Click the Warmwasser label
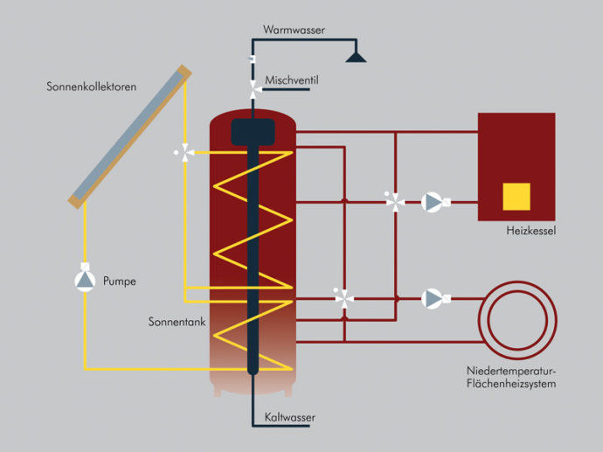click(x=294, y=30)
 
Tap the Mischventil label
click(x=292, y=80)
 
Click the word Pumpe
click(x=120, y=282)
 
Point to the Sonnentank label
click(x=177, y=323)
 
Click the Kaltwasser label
click(x=289, y=418)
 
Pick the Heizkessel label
click(x=531, y=232)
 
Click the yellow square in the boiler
click(x=516, y=197)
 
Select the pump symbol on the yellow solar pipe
click(x=84, y=280)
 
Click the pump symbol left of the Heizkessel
click(x=432, y=202)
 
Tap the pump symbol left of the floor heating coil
click(x=432, y=298)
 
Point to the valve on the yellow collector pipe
click(x=184, y=152)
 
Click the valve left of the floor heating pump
click(x=344, y=298)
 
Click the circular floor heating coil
click(x=515, y=316)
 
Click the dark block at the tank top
click(x=253, y=134)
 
